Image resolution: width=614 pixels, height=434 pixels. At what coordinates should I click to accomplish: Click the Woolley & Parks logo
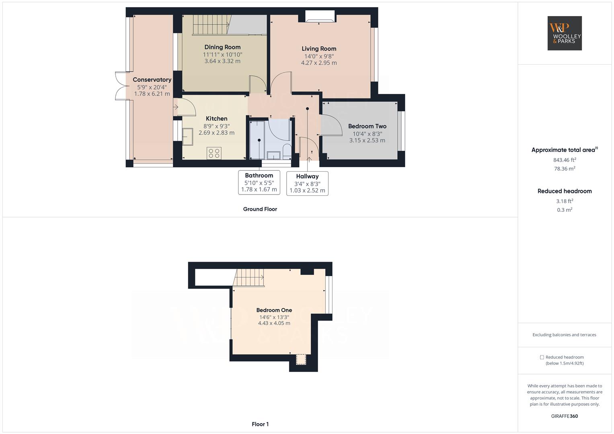tap(564, 33)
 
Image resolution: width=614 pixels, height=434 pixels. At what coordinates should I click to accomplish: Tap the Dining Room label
tap(222, 47)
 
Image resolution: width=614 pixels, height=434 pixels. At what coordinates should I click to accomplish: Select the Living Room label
tap(319, 49)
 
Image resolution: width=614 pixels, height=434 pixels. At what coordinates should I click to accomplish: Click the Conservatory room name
tap(152, 80)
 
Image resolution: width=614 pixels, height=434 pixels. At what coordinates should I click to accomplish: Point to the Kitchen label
tap(216, 119)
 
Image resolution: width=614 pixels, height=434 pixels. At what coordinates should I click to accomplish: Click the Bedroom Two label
tap(367, 126)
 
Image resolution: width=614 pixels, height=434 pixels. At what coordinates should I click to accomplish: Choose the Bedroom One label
tap(274, 310)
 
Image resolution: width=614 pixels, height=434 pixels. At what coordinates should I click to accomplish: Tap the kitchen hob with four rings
tap(214, 153)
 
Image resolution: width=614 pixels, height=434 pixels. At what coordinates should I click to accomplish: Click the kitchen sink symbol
tap(187, 137)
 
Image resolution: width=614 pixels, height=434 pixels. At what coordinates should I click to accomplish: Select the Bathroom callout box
tap(259, 182)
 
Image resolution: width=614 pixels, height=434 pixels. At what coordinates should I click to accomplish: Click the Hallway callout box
tap(307, 183)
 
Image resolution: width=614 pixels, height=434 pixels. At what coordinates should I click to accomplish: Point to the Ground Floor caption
tap(260, 209)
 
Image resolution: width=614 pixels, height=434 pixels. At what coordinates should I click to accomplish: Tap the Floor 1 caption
tap(260, 424)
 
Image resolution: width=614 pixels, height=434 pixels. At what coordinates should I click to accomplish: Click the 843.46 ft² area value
tap(564, 160)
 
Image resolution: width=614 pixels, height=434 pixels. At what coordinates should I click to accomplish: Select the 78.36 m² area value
tap(564, 169)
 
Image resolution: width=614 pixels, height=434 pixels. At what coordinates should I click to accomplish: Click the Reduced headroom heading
tap(564, 191)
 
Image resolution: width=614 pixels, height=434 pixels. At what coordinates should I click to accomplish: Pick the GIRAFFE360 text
tap(564, 416)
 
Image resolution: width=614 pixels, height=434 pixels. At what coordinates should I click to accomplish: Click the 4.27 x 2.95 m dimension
tap(319, 63)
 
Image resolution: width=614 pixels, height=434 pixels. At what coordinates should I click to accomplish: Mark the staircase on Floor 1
tap(249, 277)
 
